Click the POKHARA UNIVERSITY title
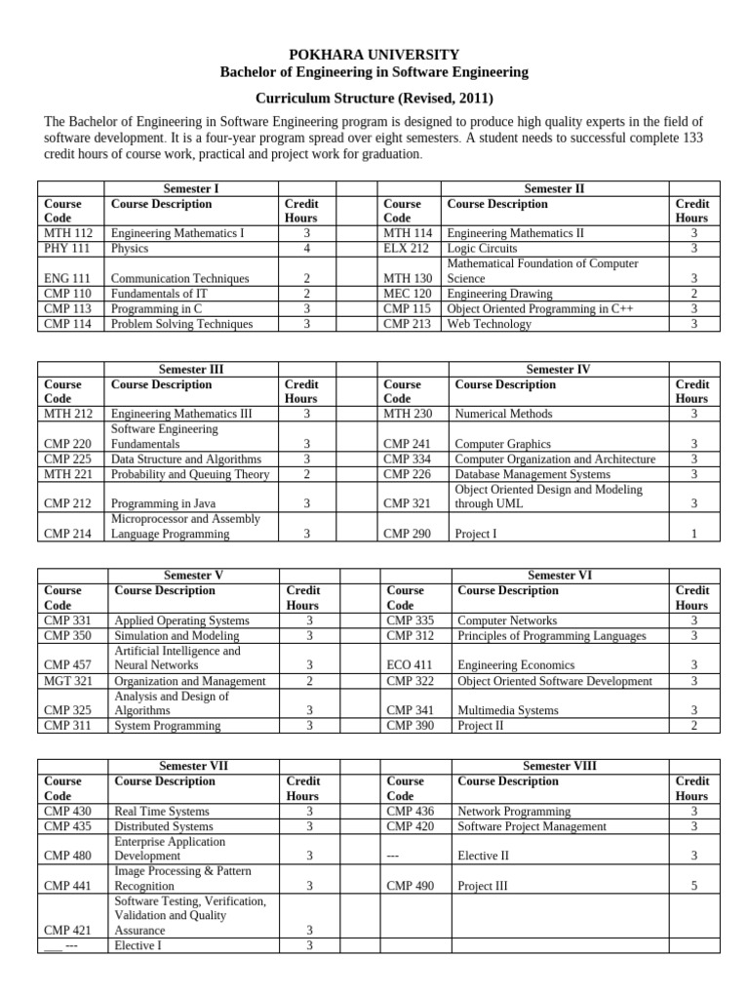coord(374,55)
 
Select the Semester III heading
coord(190,370)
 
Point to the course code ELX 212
coord(406,249)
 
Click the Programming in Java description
coord(157,504)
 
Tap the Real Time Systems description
coord(161,812)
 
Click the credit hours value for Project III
coord(693,887)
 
